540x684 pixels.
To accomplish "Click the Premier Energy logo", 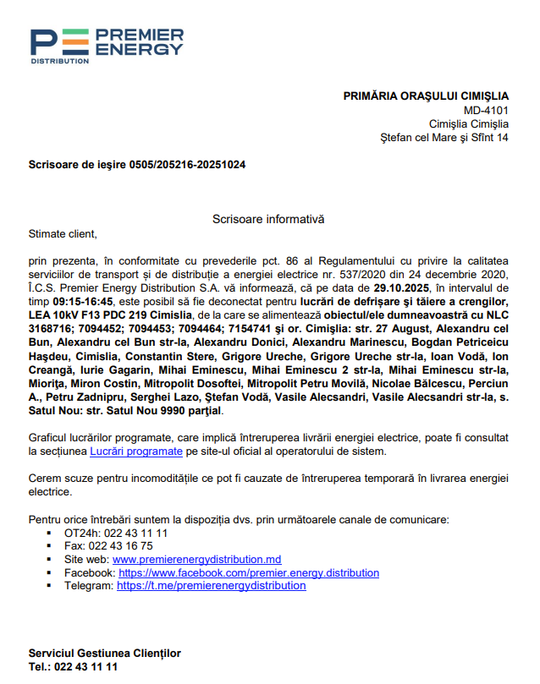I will pos(106,46).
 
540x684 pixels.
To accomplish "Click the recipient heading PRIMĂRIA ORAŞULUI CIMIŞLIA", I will pos(426,96).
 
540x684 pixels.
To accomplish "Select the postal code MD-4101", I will pos(486,110).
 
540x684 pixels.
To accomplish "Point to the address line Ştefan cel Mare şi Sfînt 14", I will pos(444,137).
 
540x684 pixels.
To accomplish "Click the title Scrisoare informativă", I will pos(268,219).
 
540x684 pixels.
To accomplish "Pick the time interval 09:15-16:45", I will pos(83,302).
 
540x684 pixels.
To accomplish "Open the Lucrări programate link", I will pos(136,451).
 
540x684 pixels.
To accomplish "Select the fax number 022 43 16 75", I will pos(124,546).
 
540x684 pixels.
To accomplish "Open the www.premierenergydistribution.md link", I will pos(196,560).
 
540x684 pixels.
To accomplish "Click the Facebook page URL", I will pos(249,573).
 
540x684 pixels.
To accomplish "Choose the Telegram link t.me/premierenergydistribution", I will pos(211,586).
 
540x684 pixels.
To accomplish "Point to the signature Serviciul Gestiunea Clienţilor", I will pos(104,654).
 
